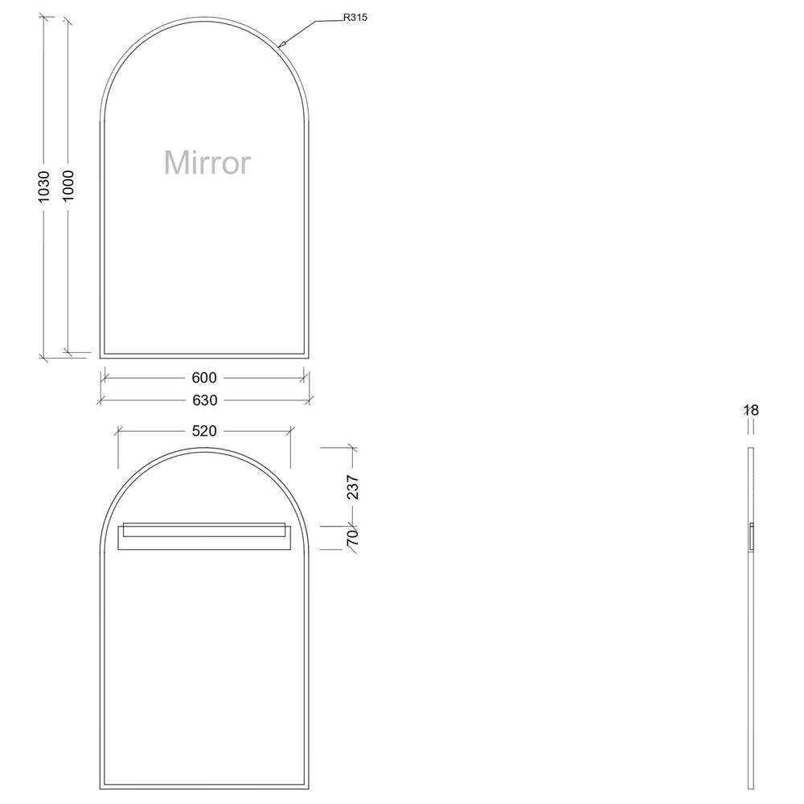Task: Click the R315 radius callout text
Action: tap(355, 17)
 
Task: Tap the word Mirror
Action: tap(207, 162)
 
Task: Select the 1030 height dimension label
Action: tap(44, 186)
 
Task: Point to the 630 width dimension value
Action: tap(204, 400)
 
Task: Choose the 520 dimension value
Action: tap(204, 431)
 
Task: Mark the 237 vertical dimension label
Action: tap(353, 487)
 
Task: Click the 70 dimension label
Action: tap(353, 538)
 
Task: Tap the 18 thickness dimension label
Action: tap(751, 411)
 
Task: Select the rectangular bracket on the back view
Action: tap(203, 536)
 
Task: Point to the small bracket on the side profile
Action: tap(751, 536)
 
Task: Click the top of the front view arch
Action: tap(204, 17)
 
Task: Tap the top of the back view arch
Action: tap(204, 449)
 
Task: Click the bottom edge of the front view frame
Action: tap(204, 355)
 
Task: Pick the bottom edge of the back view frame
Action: tap(204, 785)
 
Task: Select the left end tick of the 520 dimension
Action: tap(118, 431)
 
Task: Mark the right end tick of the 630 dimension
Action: tap(310, 400)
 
